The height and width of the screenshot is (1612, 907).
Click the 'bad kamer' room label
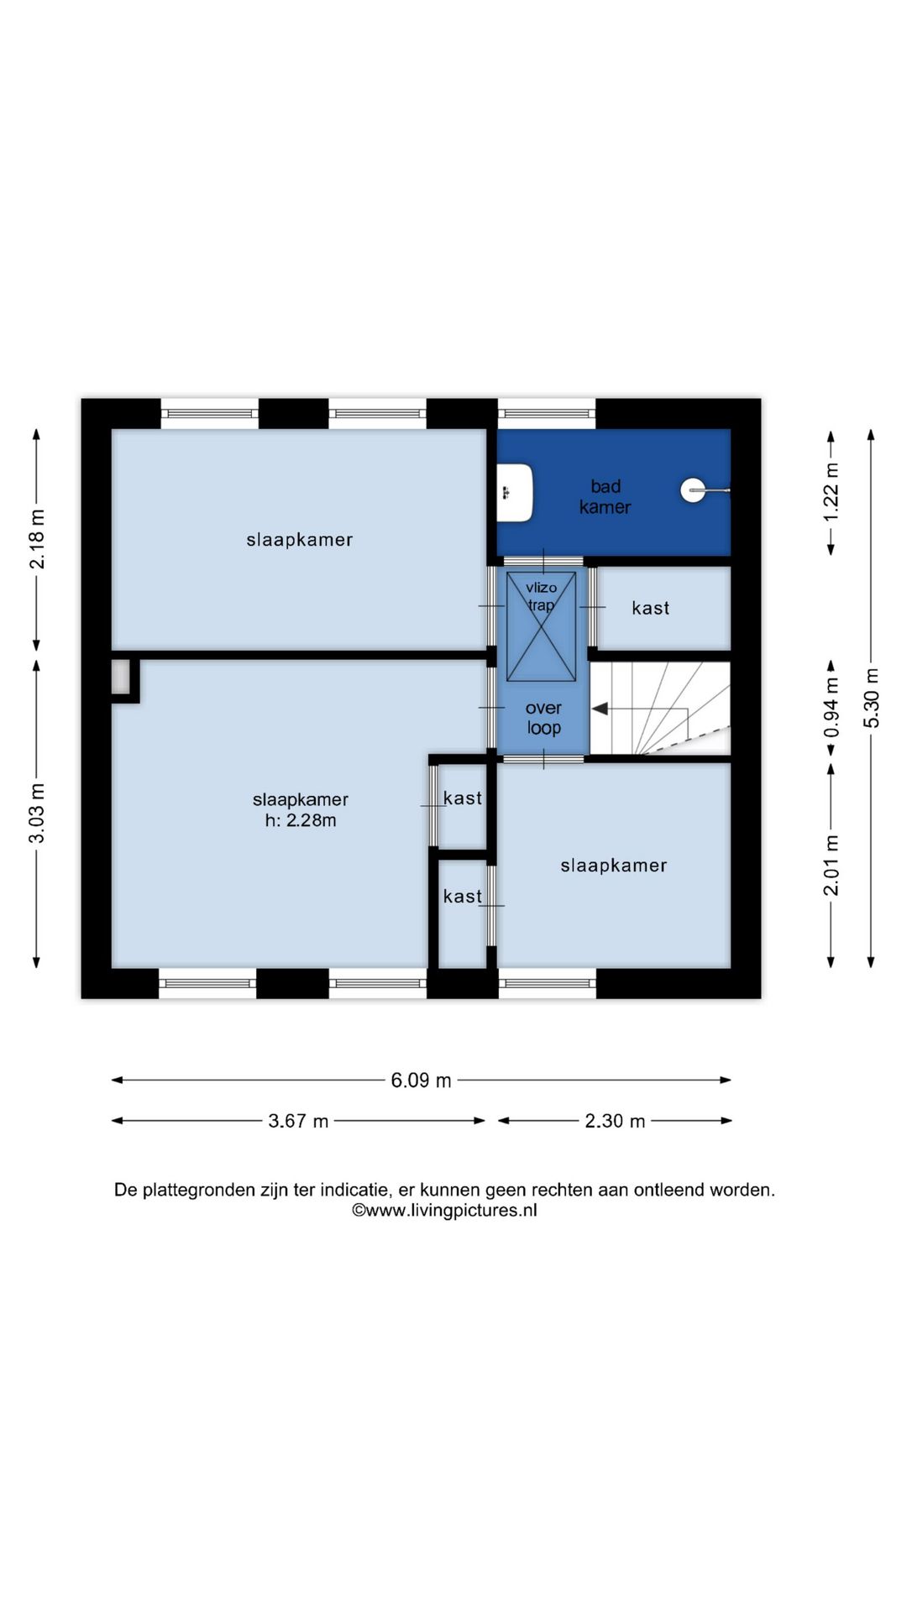point(605,496)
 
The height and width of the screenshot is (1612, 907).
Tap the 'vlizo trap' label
point(541,596)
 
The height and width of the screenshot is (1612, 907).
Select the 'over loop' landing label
point(543,718)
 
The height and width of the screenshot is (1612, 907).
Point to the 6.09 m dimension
point(421,1080)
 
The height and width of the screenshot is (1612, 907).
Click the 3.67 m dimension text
point(298,1121)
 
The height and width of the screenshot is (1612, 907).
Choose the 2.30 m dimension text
point(615,1121)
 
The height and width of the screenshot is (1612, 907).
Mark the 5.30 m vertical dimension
point(872,698)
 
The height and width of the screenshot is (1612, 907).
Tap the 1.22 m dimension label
point(831,492)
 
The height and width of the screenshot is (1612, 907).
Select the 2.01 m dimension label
point(831,865)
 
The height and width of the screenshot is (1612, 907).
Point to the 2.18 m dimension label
point(37,539)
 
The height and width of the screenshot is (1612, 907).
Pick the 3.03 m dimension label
point(37,814)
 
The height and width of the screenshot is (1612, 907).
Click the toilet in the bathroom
point(515,493)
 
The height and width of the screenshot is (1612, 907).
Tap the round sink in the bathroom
point(694,490)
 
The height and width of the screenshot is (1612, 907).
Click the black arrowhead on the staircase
point(600,709)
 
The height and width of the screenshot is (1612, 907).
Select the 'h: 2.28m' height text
point(301,820)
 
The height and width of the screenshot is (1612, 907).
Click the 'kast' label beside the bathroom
point(650,608)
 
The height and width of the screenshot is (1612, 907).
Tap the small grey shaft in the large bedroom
point(122,678)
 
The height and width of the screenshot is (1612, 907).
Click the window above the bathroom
point(547,413)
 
